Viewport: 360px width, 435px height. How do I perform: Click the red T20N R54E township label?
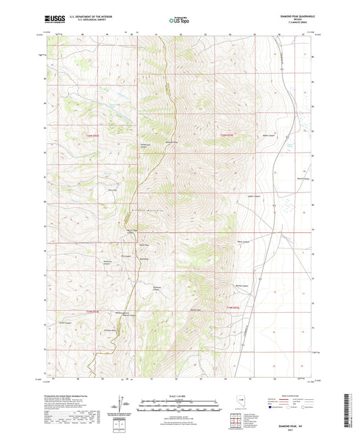(x=92, y=136)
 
